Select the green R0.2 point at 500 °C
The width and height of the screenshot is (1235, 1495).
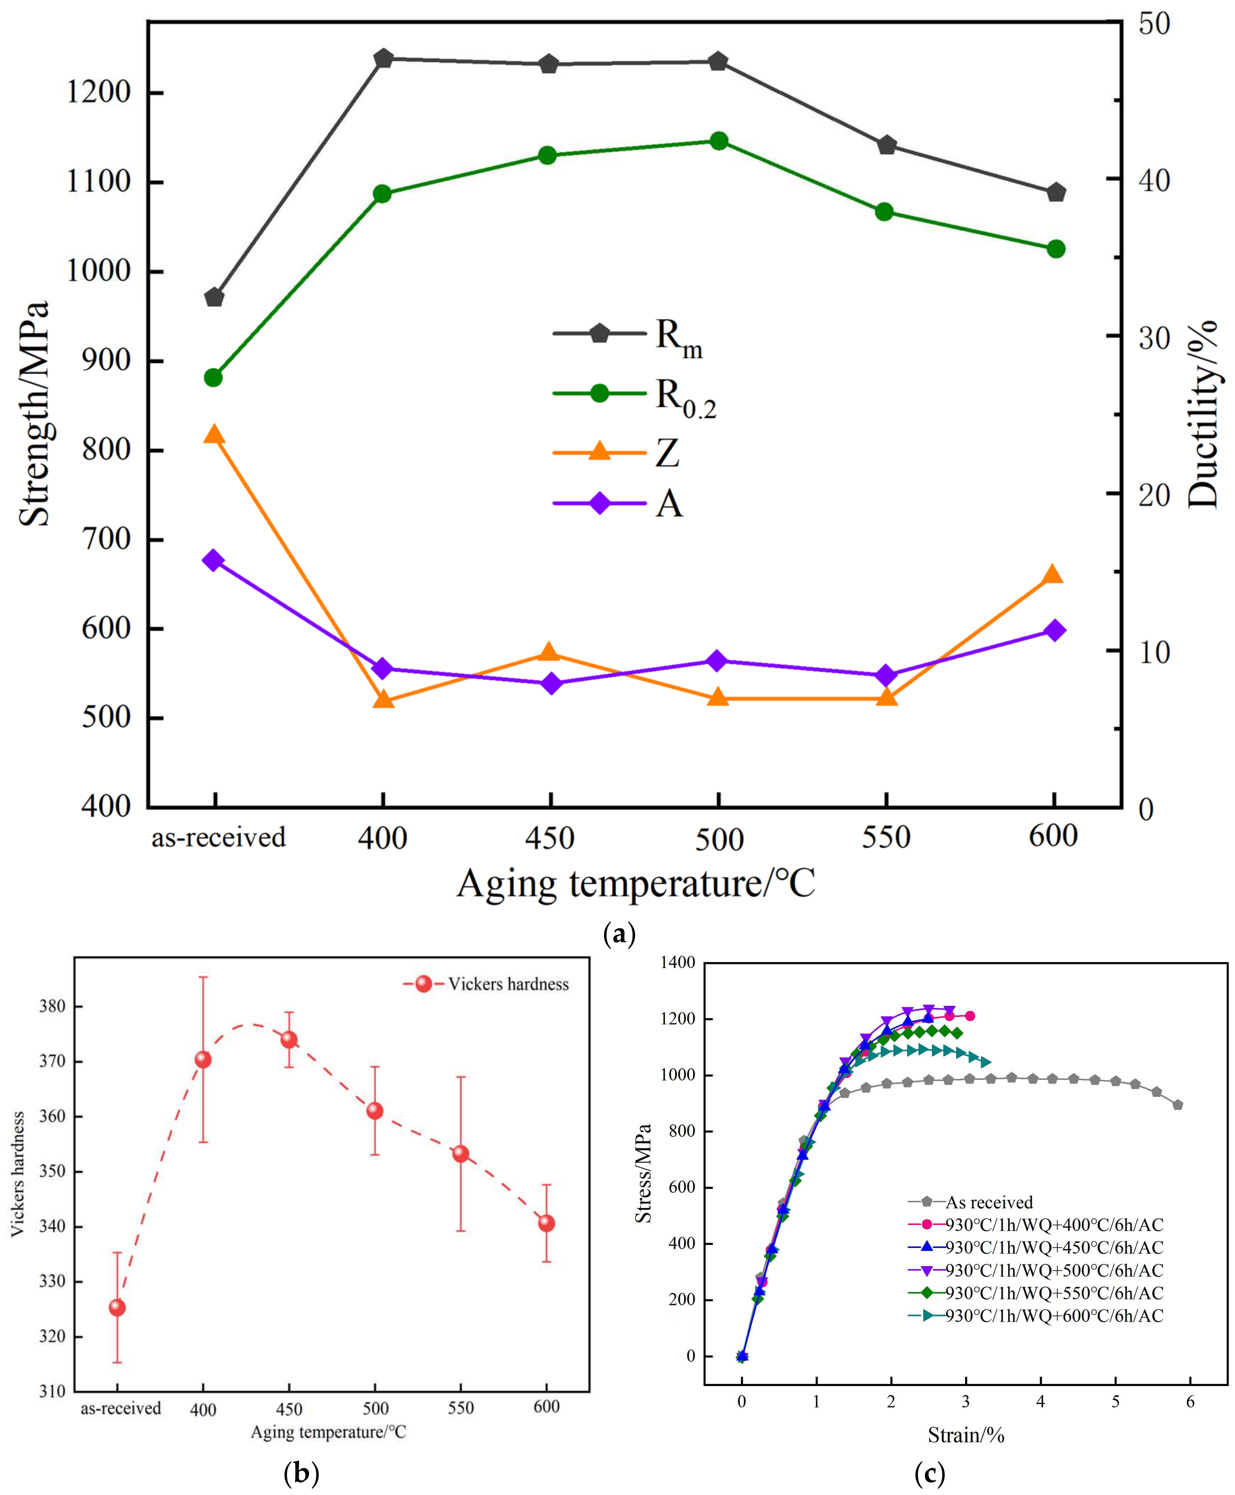718,141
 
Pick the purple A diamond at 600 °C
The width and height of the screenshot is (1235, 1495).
1054,630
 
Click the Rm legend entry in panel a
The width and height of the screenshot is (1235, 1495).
626,334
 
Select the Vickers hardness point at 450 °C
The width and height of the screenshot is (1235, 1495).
289,1039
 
